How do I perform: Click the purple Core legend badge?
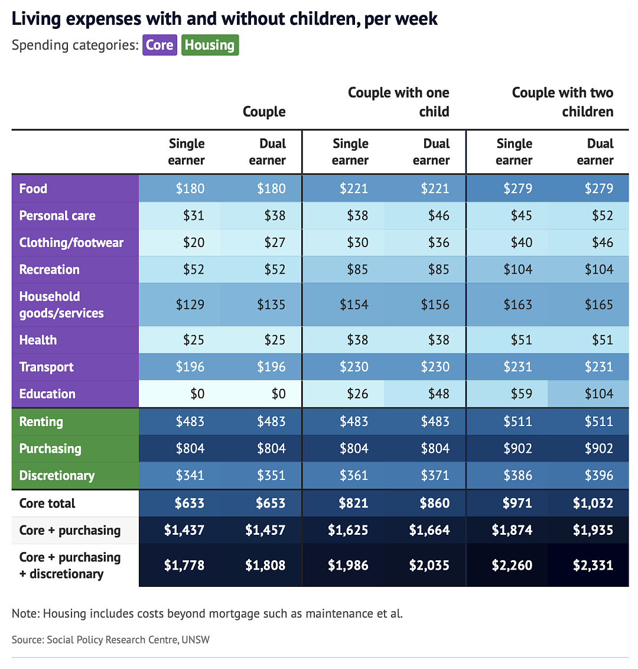[x=159, y=45]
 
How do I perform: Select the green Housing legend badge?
[x=210, y=45]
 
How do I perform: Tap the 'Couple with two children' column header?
[x=562, y=102]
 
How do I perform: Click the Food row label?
[x=33, y=189]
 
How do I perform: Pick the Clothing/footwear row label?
[x=71, y=242]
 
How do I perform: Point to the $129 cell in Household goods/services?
[x=190, y=304]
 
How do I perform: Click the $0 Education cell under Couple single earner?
[x=197, y=394]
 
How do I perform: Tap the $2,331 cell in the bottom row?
[x=593, y=566]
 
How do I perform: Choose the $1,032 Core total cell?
[x=593, y=503]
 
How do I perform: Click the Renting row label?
[x=41, y=421]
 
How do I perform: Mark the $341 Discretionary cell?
[x=190, y=475]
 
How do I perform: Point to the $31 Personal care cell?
[x=194, y=216]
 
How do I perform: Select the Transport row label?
[x=47, y=367]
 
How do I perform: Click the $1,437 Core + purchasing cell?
[x=184, y=530]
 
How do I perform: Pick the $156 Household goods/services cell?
[x=435, y=304]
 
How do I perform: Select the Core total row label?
[x=47, y=503]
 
